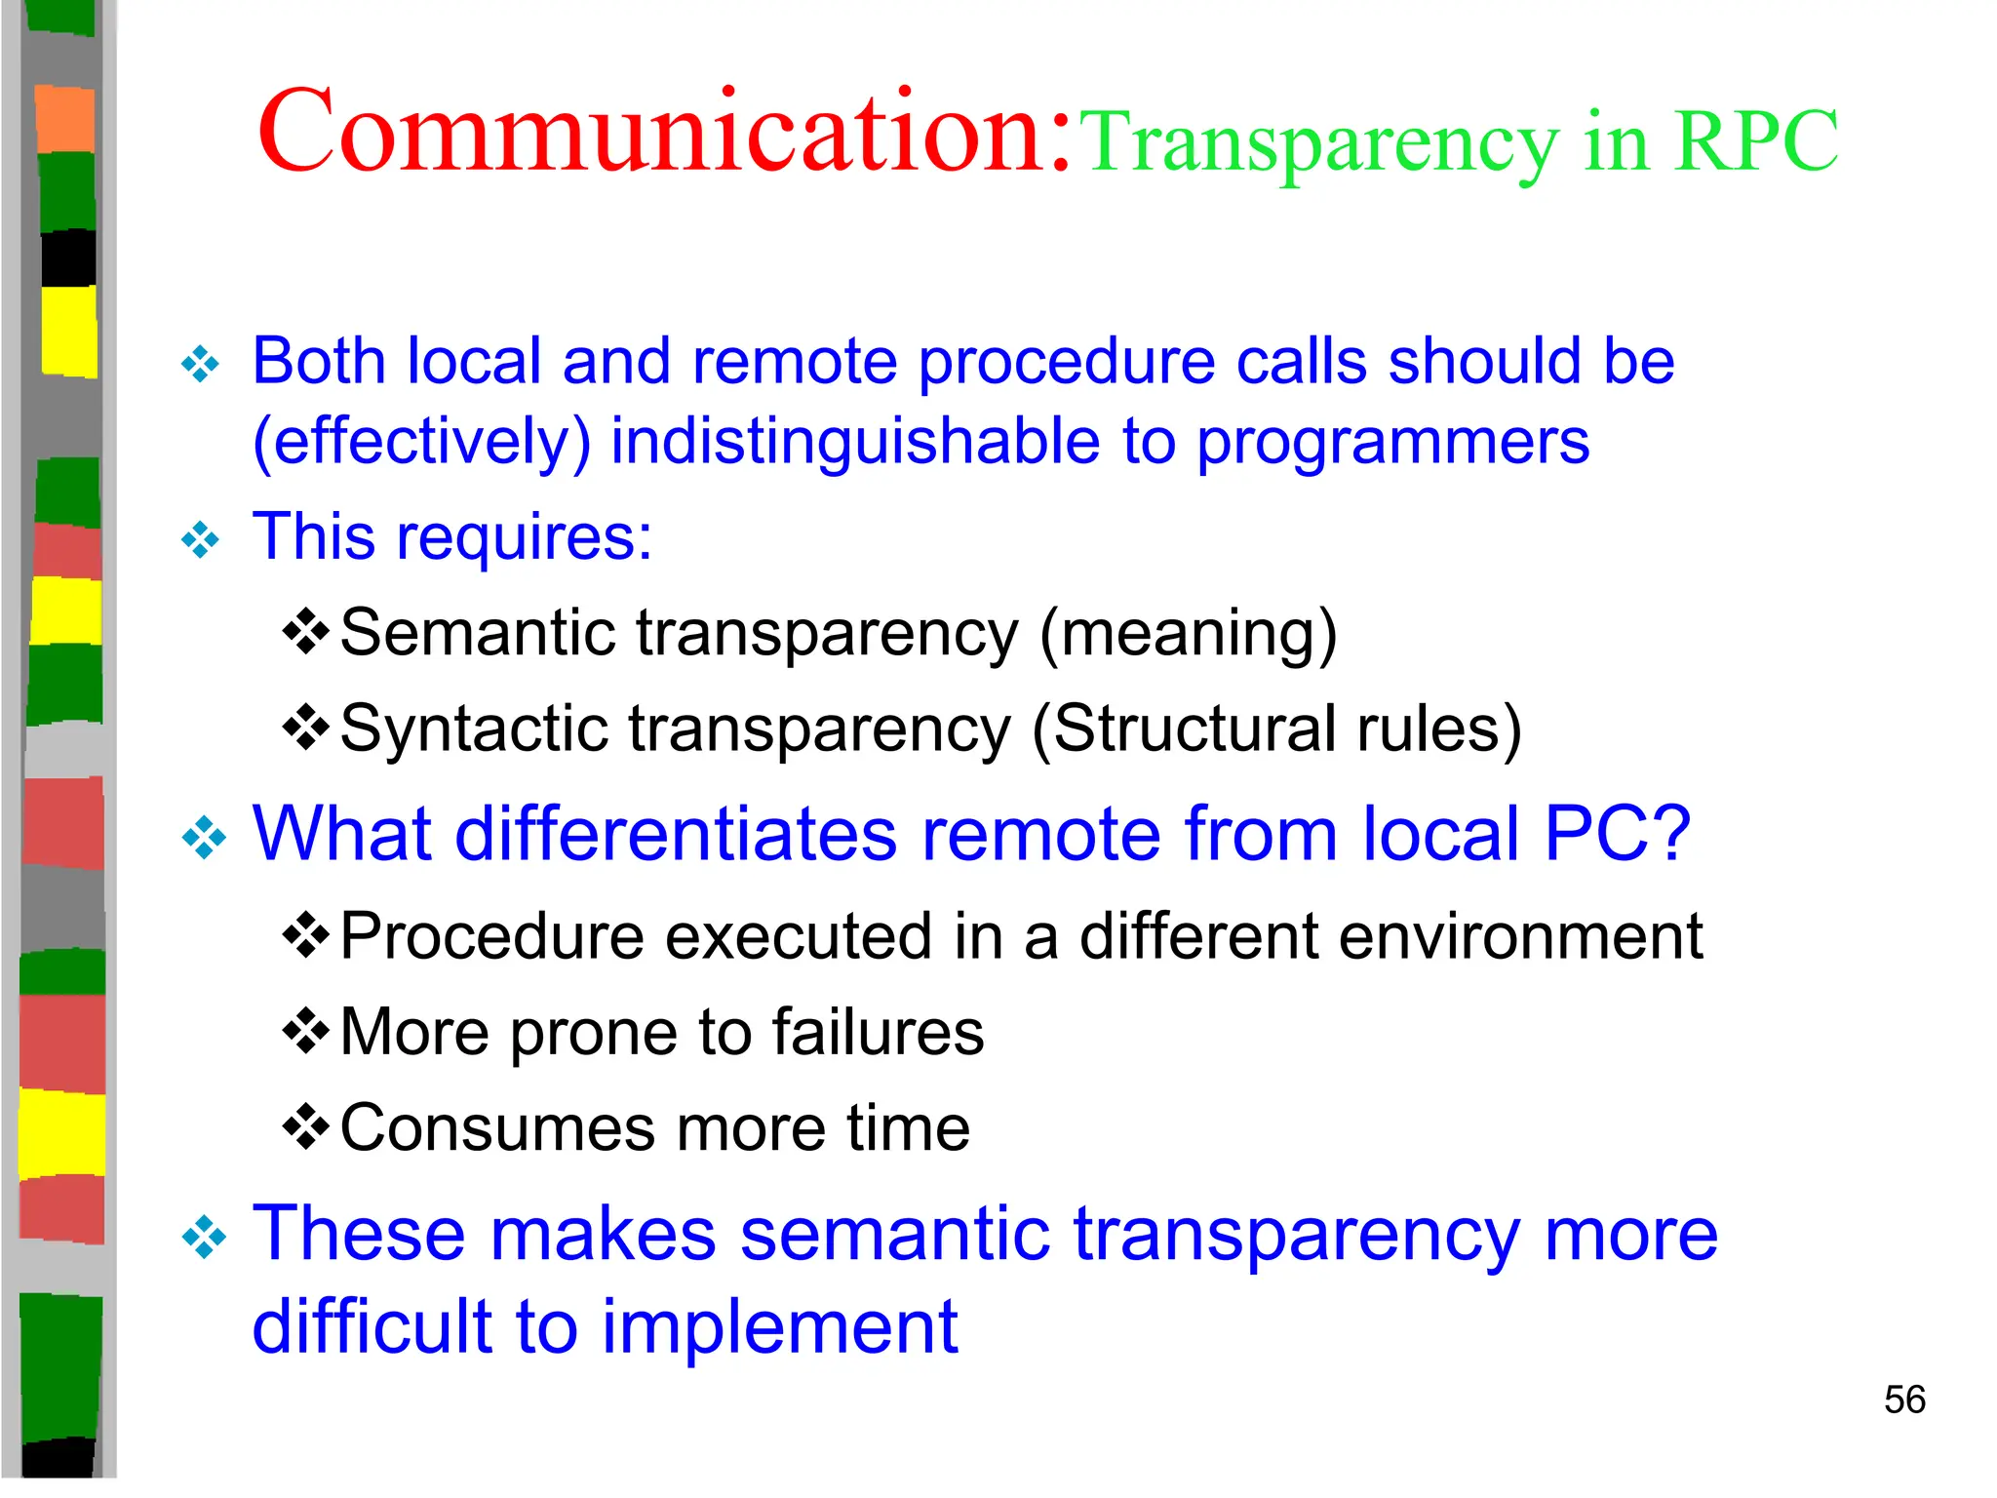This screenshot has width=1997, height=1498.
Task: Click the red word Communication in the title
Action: (x=663, y=132)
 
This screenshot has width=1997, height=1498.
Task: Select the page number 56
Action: (x=1904, y=1399)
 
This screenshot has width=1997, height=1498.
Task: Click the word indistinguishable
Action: (x=856, y=442)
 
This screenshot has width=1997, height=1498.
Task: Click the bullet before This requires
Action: (x=201, y=539)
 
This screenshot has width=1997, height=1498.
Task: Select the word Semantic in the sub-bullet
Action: (x=478, y=633)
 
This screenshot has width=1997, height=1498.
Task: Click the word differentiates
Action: (x=675, y=834)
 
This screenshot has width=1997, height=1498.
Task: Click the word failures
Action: (x=878, y=1032)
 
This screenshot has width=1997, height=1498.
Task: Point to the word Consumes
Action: (x=497, y=1128)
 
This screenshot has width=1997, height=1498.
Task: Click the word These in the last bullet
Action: (x=359, y=1234)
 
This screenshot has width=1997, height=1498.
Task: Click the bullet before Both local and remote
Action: (x=201, y=365)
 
